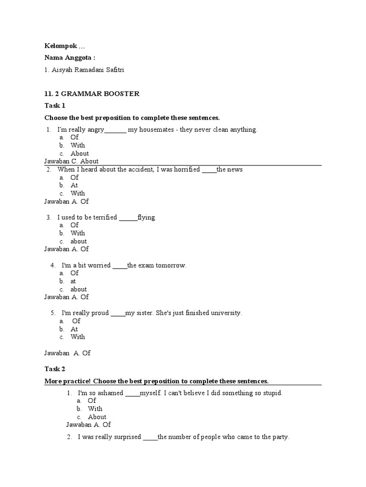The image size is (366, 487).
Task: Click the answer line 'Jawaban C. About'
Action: coord(71,161)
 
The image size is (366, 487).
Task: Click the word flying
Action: coord(146,217)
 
